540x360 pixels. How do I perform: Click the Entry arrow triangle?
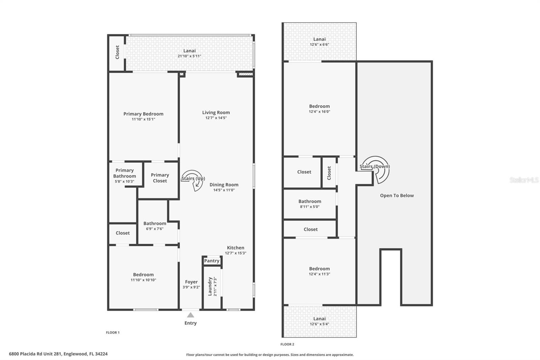[190, 315]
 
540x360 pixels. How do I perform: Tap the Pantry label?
[212, 261]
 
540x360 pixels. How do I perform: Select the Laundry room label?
[210, 286]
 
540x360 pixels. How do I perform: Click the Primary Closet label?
[160, 178]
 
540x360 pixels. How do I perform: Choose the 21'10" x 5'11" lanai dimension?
[189, 56]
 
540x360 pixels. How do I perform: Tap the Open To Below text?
[397, 196]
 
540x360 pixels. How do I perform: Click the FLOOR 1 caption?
[113, 333]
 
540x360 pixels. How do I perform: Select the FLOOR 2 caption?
[287, 344]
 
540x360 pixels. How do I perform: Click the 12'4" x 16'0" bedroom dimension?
[319, 111]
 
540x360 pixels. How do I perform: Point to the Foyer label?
[191, 282]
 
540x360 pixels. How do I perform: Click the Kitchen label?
[235, 248]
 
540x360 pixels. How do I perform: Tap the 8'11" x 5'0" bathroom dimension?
[309, 207]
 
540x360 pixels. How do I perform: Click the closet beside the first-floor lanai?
[117, 53]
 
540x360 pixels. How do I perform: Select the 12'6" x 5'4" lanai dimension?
[319, 324]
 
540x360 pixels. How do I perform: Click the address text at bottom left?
[58, 354]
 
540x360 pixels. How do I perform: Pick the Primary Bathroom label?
[125, 173]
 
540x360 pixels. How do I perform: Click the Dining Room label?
[224, 185]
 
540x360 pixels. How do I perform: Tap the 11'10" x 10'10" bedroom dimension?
[143, 280]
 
